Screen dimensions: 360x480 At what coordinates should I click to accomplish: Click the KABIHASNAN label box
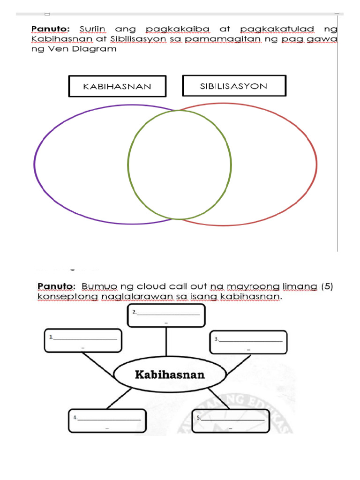pos(117,86)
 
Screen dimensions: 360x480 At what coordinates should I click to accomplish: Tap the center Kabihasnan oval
pos(170,375)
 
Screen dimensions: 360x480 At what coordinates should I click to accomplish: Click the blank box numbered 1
pos(83,340)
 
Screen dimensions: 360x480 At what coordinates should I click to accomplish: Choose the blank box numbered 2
pos(166,315)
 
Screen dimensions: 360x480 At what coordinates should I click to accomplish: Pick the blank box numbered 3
pos(248,342)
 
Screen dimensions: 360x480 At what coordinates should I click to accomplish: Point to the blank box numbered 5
pos(231,421)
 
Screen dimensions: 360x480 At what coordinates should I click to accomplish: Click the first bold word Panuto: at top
pos(50,29)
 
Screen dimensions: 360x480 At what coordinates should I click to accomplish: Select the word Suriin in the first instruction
pos(92,29)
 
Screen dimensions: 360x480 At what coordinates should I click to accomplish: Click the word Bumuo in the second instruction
pos(97,286)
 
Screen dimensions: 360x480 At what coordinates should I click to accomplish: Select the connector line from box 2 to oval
pos(166,342)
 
